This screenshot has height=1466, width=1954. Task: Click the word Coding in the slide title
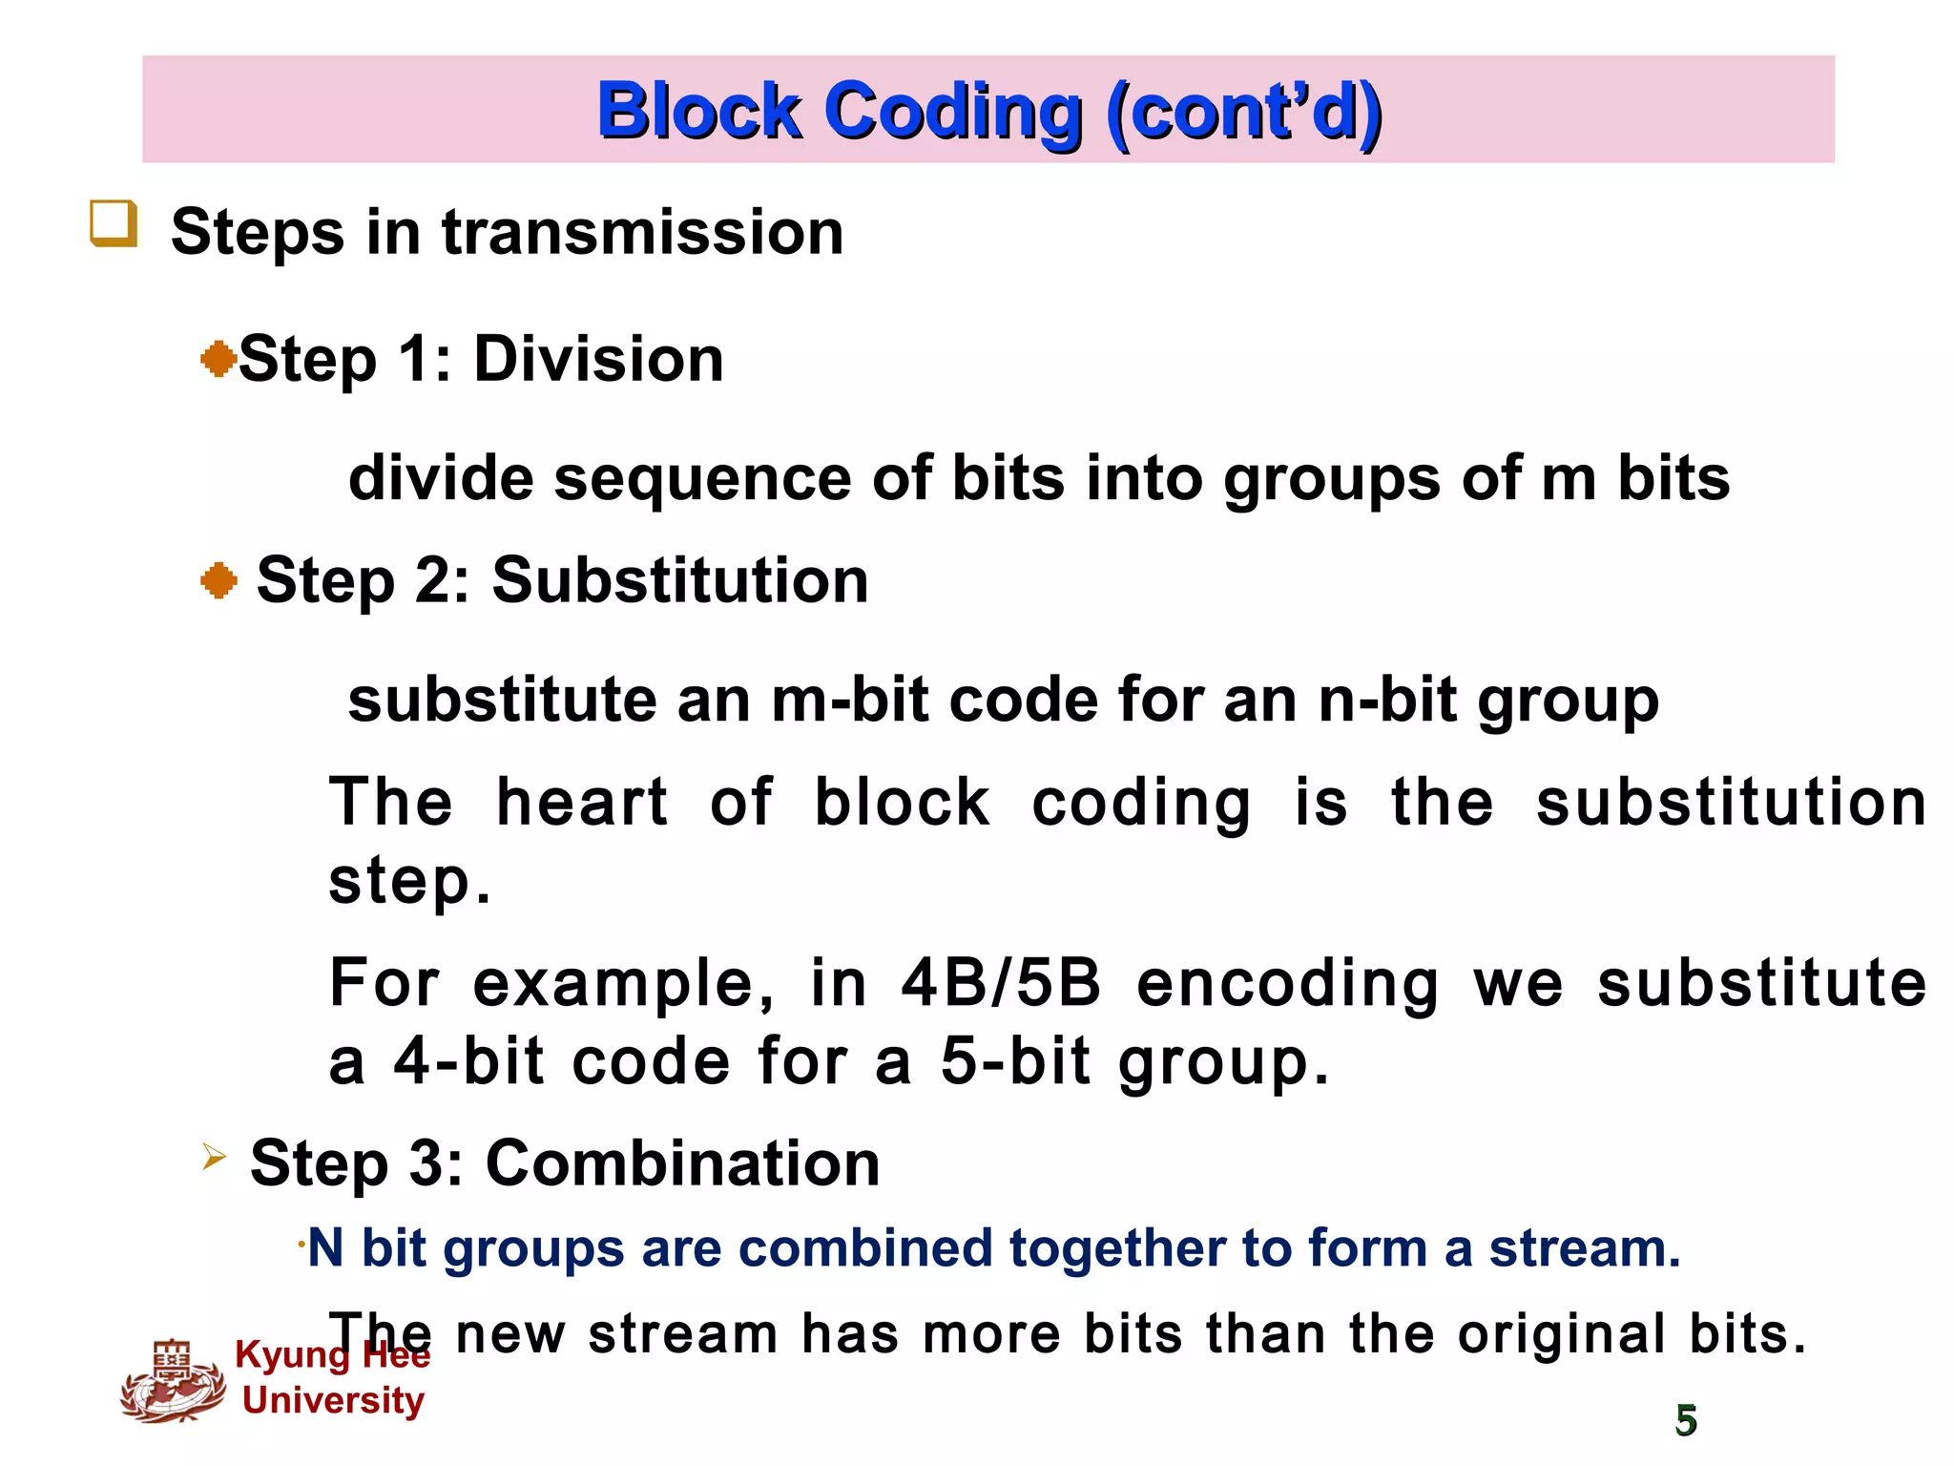(x=954, y=112)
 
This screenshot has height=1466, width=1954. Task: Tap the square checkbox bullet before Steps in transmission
(x=114, y=224)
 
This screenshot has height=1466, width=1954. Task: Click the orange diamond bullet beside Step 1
(x=218, y=360)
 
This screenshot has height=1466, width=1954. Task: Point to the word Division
(x=598, y=360)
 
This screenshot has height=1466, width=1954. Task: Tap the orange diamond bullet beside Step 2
(x=218, y=580)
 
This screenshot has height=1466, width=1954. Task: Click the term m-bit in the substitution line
(x=849, y=700)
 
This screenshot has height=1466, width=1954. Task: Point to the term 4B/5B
(x=1001, y=983)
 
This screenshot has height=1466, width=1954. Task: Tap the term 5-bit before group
(x=1015, y=1061)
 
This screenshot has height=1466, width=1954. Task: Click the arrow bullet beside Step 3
(x=214, y=1158)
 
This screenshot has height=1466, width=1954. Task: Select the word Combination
(x=682, y=1163)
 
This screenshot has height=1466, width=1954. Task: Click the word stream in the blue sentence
(x=1584, y=1247)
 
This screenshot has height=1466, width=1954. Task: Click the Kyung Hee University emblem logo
(x=173, y=1381)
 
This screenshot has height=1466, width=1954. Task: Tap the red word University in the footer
(x=333, y=1400)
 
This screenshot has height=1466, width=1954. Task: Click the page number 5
(x=1686, y=1420)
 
